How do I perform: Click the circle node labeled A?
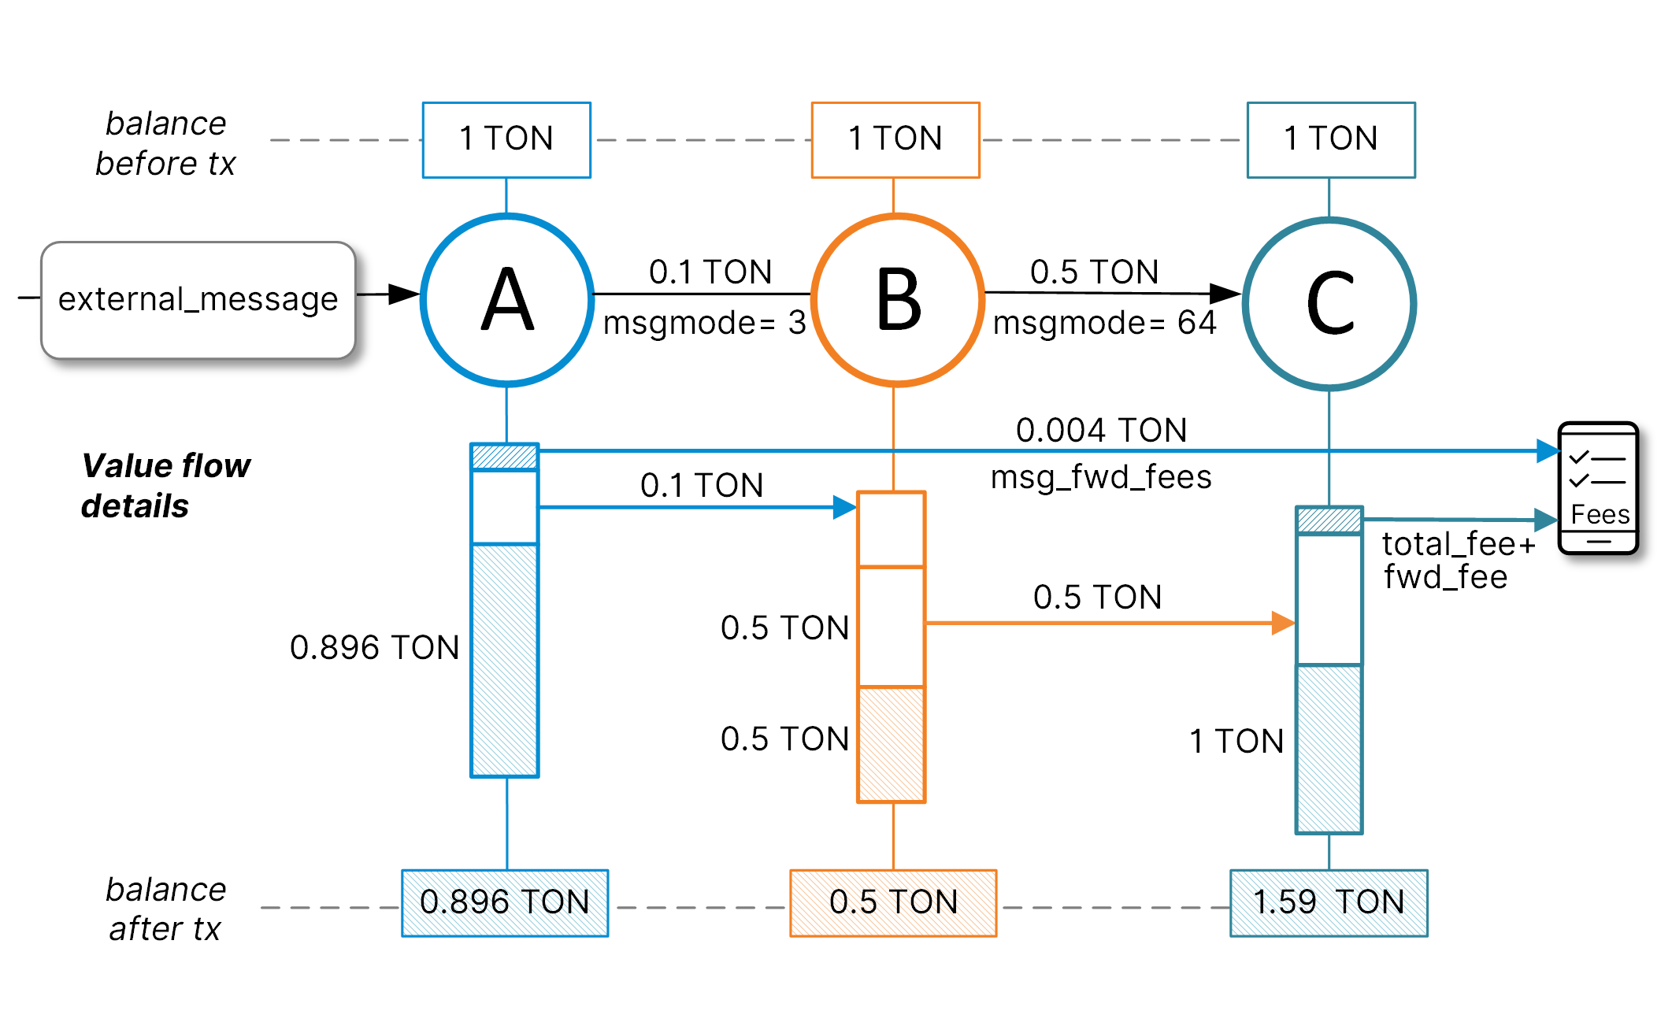507,299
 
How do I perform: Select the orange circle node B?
897,299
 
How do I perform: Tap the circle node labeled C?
1329,303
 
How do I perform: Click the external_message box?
198,300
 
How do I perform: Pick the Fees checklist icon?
1598,488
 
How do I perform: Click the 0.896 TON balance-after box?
505,902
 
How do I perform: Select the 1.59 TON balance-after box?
1329,902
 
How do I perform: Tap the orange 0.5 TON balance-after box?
893,902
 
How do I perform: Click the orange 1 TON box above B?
895,139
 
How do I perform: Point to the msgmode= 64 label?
1104,323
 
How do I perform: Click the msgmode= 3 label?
704,323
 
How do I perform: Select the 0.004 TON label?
1101,430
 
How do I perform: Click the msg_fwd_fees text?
1101,477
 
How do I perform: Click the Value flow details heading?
165,486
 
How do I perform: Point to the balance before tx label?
165,143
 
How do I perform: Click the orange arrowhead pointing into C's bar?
1283,623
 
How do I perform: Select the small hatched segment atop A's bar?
504,457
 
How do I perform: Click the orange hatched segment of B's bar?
891,744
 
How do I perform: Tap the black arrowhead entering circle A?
404,294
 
